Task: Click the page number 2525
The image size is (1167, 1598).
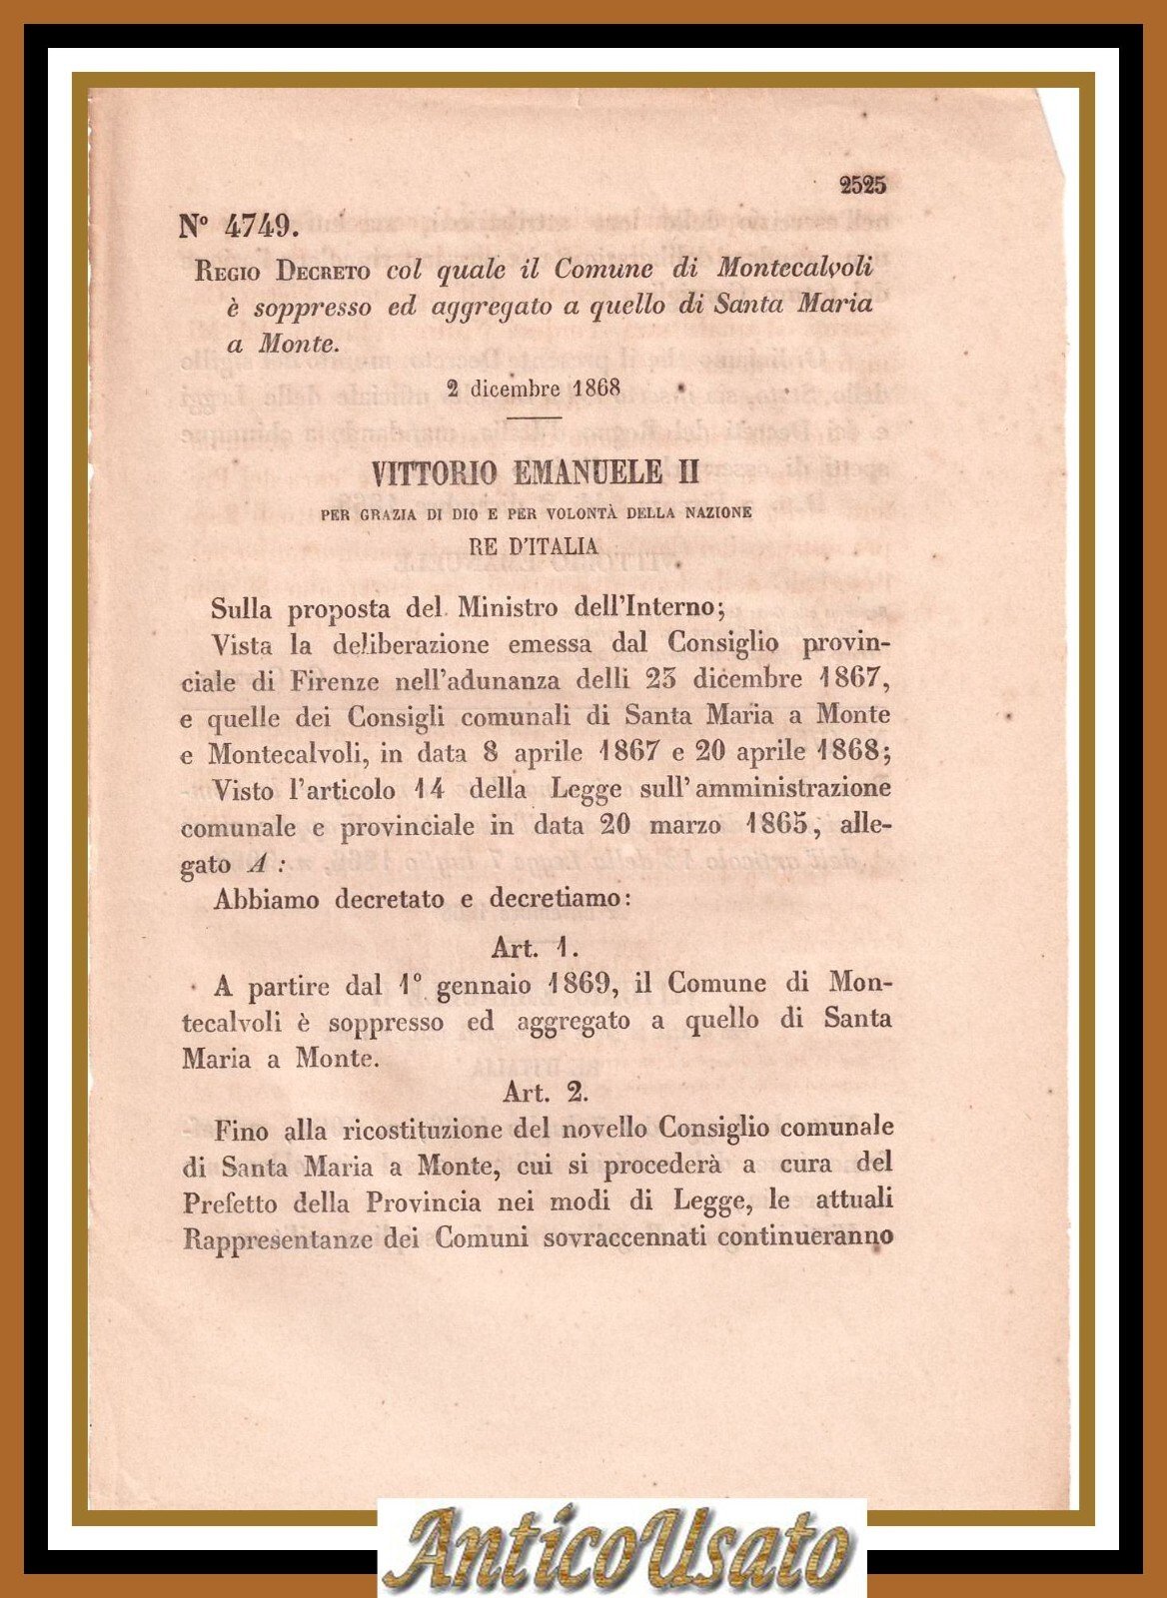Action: pyautogui.click(x=862, y=185)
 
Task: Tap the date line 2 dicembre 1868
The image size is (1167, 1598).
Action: pyautogui.click(x=534, y=388)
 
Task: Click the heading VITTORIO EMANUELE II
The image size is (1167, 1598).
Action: pyautogui.click(x=535, y=471)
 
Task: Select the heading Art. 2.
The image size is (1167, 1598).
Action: pyautogui.click(x=545, y=1092)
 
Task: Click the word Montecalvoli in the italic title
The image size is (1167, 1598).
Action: pyautogui.click(x=794, y=269)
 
